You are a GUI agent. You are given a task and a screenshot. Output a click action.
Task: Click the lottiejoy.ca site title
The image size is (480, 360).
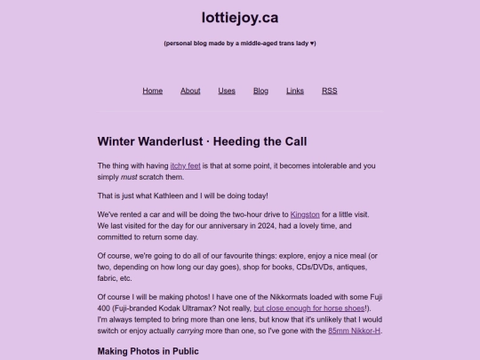[240, 17]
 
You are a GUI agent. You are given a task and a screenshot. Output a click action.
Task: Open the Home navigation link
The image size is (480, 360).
[153, 91]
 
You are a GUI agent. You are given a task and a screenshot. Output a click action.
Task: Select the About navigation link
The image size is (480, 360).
[190, 91]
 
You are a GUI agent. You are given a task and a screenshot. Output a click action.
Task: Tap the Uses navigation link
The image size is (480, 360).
[227, 91]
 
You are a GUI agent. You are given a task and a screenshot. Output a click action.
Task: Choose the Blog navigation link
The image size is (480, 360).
[260, 91]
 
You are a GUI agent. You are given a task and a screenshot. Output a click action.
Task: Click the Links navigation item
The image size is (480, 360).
[295, 91]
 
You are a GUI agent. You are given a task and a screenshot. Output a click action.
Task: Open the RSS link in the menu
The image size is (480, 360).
[329, 91]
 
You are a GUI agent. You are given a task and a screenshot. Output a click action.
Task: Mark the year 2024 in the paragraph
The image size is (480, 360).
[280, 226]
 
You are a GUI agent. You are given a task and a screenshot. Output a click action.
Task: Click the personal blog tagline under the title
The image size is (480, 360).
[240, 43]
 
